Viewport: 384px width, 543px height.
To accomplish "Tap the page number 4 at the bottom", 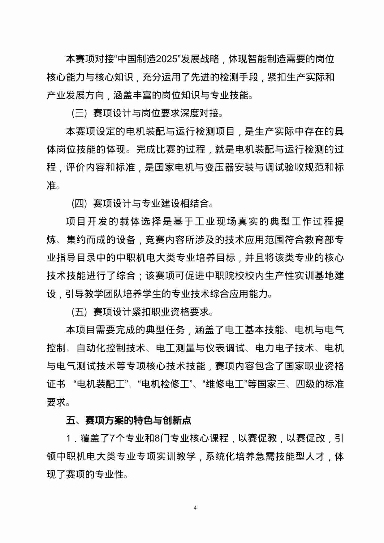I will click(x=195, y=507).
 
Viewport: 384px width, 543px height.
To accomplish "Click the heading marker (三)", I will click(x=79, y=113).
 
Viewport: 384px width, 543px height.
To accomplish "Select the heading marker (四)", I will click(x=79, y=204).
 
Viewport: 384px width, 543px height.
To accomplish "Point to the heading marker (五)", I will click(x=79, y=312).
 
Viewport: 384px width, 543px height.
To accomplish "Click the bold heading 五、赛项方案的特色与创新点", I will click(x=128, y=420).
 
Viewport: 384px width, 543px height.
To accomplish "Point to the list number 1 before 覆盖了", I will click(x=69, y=438).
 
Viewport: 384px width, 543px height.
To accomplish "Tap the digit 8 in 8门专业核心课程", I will click(x=157, y=438).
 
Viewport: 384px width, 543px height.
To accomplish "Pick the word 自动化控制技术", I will click(x=110, y=348).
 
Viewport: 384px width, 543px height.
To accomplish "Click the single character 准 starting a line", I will click(x=51, y=185).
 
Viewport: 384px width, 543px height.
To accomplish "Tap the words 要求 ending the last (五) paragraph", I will click(x=56, y=402).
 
